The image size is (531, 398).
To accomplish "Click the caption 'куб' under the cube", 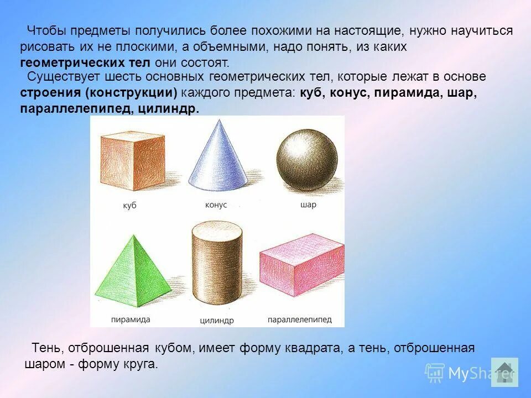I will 130,206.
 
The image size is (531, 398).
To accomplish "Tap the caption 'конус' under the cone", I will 216,205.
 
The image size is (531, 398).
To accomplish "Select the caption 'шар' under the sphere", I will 309,205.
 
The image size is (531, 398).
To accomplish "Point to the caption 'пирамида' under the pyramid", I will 131,320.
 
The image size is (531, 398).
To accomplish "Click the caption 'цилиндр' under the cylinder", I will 216,321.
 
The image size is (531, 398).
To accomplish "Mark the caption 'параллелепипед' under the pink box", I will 299,320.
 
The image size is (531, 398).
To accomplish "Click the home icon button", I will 504,371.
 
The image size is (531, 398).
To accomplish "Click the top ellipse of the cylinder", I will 216,228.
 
